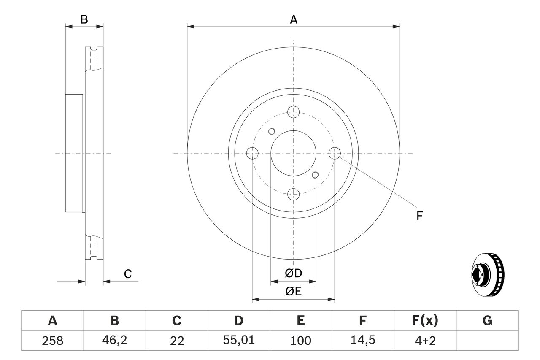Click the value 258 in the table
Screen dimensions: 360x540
click(x=52, y=341)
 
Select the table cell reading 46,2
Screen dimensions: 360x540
click(x=114, y=341)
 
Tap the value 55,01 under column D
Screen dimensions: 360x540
click(x=238, y=341)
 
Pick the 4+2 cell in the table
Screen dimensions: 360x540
click(x=425, y=341)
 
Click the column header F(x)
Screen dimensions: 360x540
click(x=425, y=321)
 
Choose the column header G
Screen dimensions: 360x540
click(x=487, y=321)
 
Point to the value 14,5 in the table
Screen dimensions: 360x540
click(x=362, y=341)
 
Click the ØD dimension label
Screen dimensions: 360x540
click(x=294, y=273)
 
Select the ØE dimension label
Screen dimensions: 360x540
click(x=294, y=292)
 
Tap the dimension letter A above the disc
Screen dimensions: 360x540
click(x=293, y=19)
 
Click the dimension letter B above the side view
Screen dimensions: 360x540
click(x=84, y=19)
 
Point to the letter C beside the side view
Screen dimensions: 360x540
click(x=128, y=274)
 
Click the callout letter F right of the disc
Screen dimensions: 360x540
click(x=419, y=216)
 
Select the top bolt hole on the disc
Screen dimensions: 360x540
click(x=293, y=112)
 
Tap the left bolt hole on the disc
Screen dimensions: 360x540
click(x=252, y=153)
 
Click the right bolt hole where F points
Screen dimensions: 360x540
click(x=334, y=153)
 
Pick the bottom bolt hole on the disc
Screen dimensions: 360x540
click(x=293, y=195)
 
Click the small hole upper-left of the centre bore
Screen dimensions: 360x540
click(x=272, y=131)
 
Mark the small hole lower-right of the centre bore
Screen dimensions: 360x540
click(x=315, y=175)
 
